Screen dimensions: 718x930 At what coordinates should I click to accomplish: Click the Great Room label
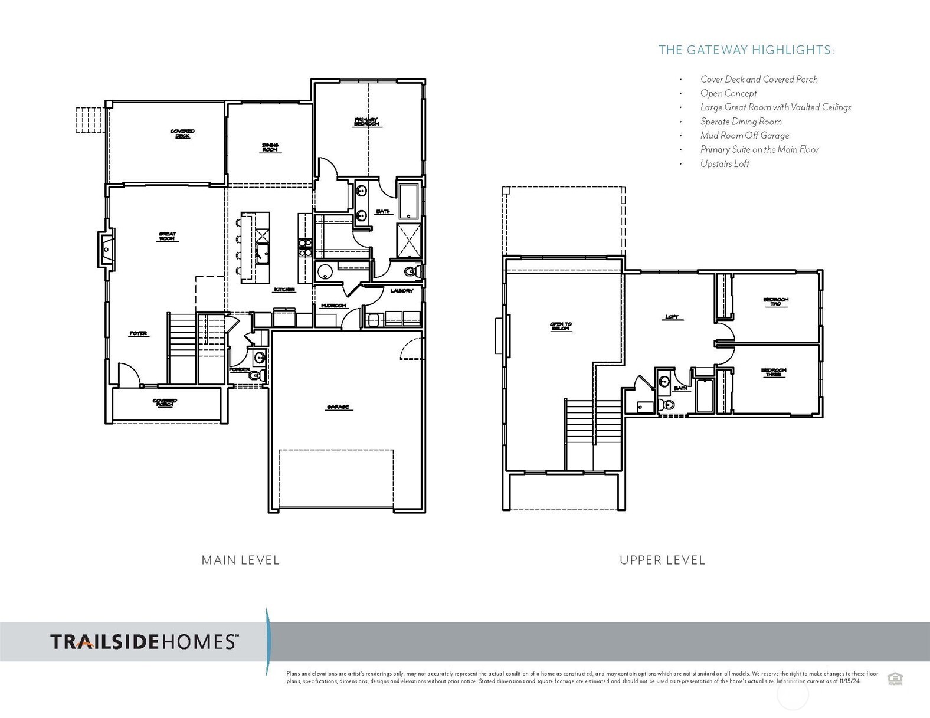point(167,236)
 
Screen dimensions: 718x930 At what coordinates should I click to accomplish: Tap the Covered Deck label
point(182,133)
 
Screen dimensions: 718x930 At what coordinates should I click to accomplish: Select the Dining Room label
point(270,147)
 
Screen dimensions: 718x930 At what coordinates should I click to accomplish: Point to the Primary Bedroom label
point(366,122)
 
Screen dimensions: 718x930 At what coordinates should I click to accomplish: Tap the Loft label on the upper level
point(672,317)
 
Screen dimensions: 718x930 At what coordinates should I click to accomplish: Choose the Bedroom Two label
point(775,301)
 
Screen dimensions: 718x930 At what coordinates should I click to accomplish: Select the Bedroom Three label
point(773,372)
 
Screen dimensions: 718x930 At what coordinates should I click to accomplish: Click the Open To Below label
point(561,326)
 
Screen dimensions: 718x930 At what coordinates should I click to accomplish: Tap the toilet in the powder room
point(254,375)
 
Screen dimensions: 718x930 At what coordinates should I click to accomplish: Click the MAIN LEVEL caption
point(240,560)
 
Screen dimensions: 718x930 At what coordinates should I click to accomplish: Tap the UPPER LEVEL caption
point(662,560)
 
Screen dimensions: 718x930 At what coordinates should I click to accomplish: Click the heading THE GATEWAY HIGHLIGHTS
point(746,50)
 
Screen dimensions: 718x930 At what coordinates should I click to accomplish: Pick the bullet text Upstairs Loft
point(724,164)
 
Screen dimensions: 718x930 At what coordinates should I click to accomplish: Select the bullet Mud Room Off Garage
point(744,136)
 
